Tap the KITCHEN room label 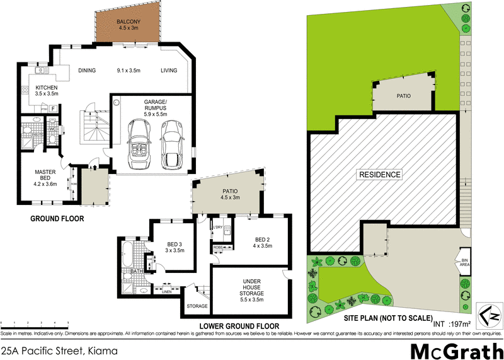point(47,88)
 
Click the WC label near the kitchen point(52,131)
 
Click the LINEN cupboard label point(166,291)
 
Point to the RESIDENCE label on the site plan point(380,175)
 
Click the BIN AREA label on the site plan point(465,262)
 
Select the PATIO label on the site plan point(403,96)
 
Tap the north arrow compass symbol point(491,314)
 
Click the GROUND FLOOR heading point(57,219)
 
